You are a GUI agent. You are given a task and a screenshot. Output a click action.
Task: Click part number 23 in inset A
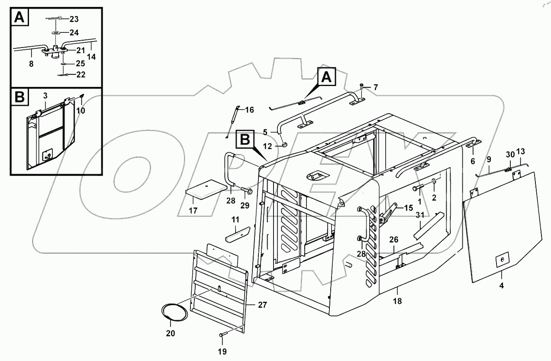[74, 19]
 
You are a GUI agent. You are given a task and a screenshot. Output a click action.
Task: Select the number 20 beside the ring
[171, 333]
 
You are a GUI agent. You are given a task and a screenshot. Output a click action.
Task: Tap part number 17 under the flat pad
[193, 211]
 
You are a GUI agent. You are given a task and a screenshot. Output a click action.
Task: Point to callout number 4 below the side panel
[502, 286]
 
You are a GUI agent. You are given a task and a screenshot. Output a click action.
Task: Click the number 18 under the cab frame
[398, 301]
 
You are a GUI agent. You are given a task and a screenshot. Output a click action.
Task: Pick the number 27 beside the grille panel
[262, 305]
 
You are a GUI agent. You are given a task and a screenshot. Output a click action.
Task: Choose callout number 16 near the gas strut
[249, 109]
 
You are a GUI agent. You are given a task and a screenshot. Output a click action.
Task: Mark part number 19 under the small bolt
[222, 351]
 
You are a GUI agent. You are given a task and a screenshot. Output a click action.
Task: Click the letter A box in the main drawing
[327, 78]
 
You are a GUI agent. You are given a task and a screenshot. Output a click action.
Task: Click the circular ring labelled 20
[176, 312]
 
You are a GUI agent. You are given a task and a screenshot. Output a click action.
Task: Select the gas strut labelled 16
[232, 122]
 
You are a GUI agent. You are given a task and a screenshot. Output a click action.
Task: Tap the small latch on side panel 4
[502, 259]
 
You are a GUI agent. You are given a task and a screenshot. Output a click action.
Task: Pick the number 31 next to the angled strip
[419, 215]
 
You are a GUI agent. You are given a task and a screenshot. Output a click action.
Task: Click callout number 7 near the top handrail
[375, 87]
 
